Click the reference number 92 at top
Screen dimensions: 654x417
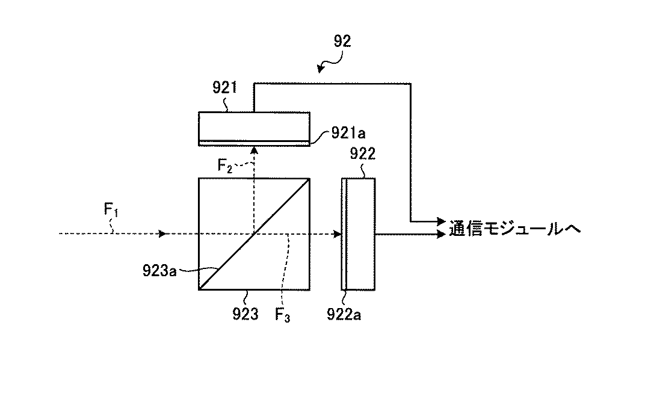pos(342,42)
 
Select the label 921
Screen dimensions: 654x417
pos(225,88)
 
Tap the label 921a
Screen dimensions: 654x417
pos(348,133)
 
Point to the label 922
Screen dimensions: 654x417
pos(362,154)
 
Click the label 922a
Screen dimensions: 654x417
pos(344,314)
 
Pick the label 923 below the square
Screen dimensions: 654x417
pos(245,314)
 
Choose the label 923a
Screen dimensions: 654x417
pos(159,271)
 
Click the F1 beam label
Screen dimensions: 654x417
pos(111,209)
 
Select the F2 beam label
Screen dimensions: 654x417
pos(225,165)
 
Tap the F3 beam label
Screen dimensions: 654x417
pos(282,315)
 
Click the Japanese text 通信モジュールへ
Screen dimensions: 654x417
pos(514,229)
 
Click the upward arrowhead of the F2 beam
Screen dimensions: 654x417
pos(253,150)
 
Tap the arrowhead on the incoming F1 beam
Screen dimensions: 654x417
pos(163,234)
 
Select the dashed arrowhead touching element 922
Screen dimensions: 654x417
pos(338,234)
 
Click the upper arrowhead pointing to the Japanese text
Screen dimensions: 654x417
pos(441,221)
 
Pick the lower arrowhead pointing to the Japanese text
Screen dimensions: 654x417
pos(441,234)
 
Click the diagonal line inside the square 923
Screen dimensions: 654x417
pos(254,234)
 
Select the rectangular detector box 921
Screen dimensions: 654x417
pos(254,129)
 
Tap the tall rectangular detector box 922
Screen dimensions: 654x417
pos(358,234)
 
